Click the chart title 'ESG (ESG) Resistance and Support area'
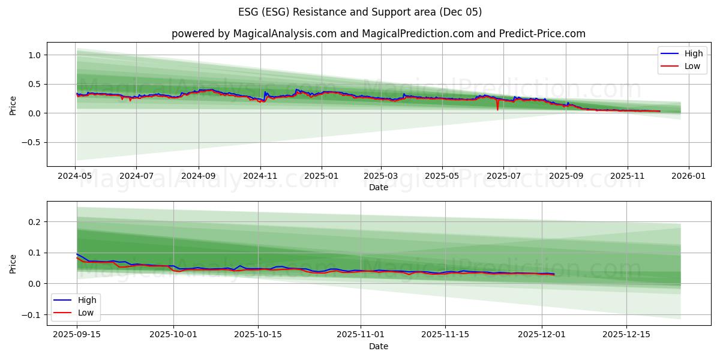360,12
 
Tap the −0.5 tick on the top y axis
32,143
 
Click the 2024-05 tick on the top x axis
76,176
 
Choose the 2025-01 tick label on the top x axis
322,176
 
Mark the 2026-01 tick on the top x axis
688,176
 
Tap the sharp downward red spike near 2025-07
497,109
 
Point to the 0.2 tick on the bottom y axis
35,222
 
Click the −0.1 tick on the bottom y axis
32,315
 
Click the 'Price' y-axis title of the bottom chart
13,263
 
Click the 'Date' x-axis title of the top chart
378,187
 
